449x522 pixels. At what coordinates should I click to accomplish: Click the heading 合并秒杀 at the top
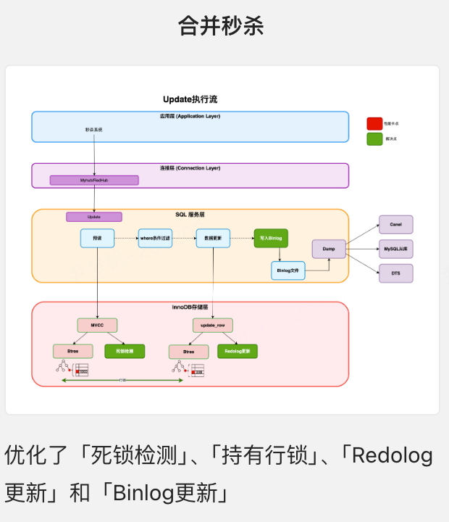coord(221,25)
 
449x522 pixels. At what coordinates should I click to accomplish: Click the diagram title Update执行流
coord(190,99)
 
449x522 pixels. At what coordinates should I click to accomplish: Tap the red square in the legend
coord(374,124)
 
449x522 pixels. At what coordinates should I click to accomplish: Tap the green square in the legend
coord(374,138)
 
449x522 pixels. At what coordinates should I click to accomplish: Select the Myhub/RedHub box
coord(94,180)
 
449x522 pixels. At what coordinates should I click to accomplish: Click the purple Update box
coord(94,217)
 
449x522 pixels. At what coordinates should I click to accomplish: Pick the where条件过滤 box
coord(155,238)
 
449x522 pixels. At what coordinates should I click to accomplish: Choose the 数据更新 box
coord(213,238)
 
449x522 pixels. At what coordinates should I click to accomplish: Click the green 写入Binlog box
coord(271,238)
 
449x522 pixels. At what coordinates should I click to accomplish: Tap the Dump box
coord(329,249)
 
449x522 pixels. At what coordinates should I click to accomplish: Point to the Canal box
coord(395,225)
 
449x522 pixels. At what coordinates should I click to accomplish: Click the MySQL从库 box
coord(395,249)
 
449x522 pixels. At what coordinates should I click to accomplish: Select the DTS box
coord(395,273)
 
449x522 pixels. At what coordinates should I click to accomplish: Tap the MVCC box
coord(97,326)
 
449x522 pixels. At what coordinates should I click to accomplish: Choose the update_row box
coord(213,326)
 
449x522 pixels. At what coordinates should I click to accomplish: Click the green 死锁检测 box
coord(125,351)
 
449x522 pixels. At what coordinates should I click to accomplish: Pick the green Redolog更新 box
coord(238,351)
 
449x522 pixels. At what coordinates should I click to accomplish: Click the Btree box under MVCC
coord(73,351)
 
